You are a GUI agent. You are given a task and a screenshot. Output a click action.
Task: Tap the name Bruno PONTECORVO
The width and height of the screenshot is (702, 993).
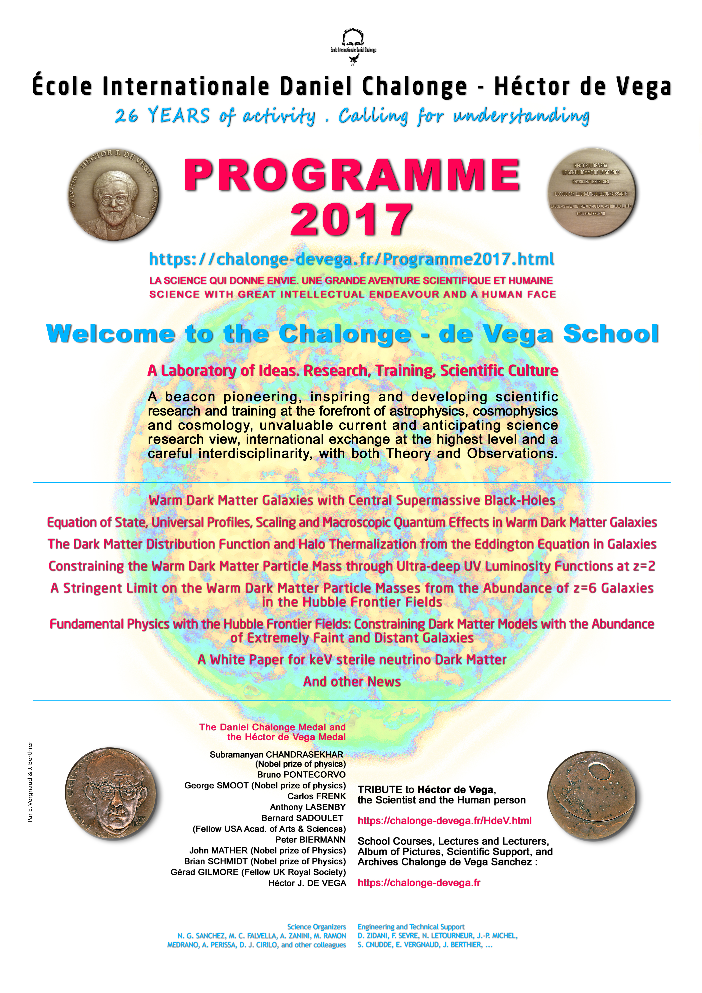tap(301, 775)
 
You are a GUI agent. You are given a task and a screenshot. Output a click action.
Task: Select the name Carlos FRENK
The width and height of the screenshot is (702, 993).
tap(316, 796)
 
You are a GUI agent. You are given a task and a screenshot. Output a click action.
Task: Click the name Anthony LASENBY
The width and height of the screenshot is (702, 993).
tap(308, 807)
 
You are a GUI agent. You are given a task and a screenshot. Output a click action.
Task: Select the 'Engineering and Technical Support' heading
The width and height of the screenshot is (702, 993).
tap(411, 927)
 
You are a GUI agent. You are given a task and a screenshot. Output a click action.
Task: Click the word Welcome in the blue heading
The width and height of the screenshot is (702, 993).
tap(111, 334)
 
